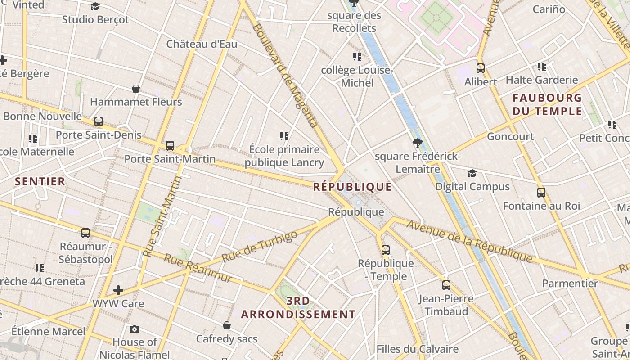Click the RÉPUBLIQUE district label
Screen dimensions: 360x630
coord(352,187)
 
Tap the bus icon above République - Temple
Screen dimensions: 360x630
coord(386,250)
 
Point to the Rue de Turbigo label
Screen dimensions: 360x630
coord(260,247)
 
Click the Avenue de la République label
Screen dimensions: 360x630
coord(469,241)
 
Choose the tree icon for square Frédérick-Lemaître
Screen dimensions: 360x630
coord(418,144)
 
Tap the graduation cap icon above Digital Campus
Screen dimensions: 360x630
coord(472,174)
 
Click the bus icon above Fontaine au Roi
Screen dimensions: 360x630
coord(541,193)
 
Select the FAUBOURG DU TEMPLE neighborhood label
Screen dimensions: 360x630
coord(547,104)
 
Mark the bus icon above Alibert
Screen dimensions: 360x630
coord(481,68)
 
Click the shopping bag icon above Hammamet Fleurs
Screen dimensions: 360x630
coord(136,89)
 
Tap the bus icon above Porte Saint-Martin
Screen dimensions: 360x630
coord(170,146)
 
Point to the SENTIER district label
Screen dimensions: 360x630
coord(40,181)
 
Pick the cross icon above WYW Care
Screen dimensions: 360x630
coord(118,290)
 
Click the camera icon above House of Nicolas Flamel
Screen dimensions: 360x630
coord(134,329)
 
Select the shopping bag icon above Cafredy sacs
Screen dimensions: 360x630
coord(227,325)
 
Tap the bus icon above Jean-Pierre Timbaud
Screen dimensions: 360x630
coord(446,285)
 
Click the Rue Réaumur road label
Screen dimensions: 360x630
coord(198,268)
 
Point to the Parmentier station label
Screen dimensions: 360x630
coord(570,283)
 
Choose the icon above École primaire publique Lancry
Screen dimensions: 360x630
coord(284,136)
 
